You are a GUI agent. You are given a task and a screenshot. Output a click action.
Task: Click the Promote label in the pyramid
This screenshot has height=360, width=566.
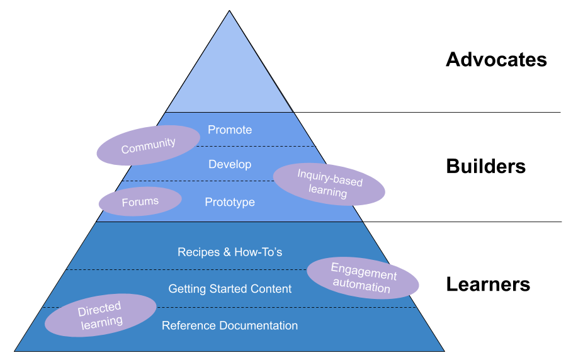coord(230,130)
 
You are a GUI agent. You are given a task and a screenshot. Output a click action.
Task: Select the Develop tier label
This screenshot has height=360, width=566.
coord(230,164)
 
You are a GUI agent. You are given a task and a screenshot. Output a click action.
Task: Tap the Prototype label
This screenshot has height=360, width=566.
coord(230,202)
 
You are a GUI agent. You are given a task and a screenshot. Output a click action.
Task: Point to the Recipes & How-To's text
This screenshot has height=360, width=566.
coord(230,252)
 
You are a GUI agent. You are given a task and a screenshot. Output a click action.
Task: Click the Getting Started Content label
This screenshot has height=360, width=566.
coord(230,289)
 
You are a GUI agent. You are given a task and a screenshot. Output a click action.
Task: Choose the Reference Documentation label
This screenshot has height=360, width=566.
coord(230,325)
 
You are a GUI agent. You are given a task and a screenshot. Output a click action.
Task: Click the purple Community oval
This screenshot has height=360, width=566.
coord(149,145)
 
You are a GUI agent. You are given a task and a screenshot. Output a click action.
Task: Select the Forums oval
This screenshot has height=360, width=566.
coord(140,201)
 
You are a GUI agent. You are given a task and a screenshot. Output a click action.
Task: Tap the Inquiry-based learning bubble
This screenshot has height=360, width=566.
coord(329,184)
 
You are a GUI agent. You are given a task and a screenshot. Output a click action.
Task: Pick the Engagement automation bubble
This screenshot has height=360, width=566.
coord(363,278)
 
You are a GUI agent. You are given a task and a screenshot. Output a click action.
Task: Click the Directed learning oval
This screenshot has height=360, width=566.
coord(101,315)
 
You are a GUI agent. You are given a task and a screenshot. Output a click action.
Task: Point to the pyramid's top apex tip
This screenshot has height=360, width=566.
coord(229,13)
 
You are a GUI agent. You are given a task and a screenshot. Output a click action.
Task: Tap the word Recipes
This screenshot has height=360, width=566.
coord(198,252)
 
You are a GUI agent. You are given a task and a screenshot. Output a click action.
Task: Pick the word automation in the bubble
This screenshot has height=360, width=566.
coord(361,287)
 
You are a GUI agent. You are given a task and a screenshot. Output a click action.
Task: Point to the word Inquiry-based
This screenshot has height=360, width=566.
coord(330,177)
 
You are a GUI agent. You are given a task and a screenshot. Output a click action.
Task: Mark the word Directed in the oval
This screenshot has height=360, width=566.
coord(99,308)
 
